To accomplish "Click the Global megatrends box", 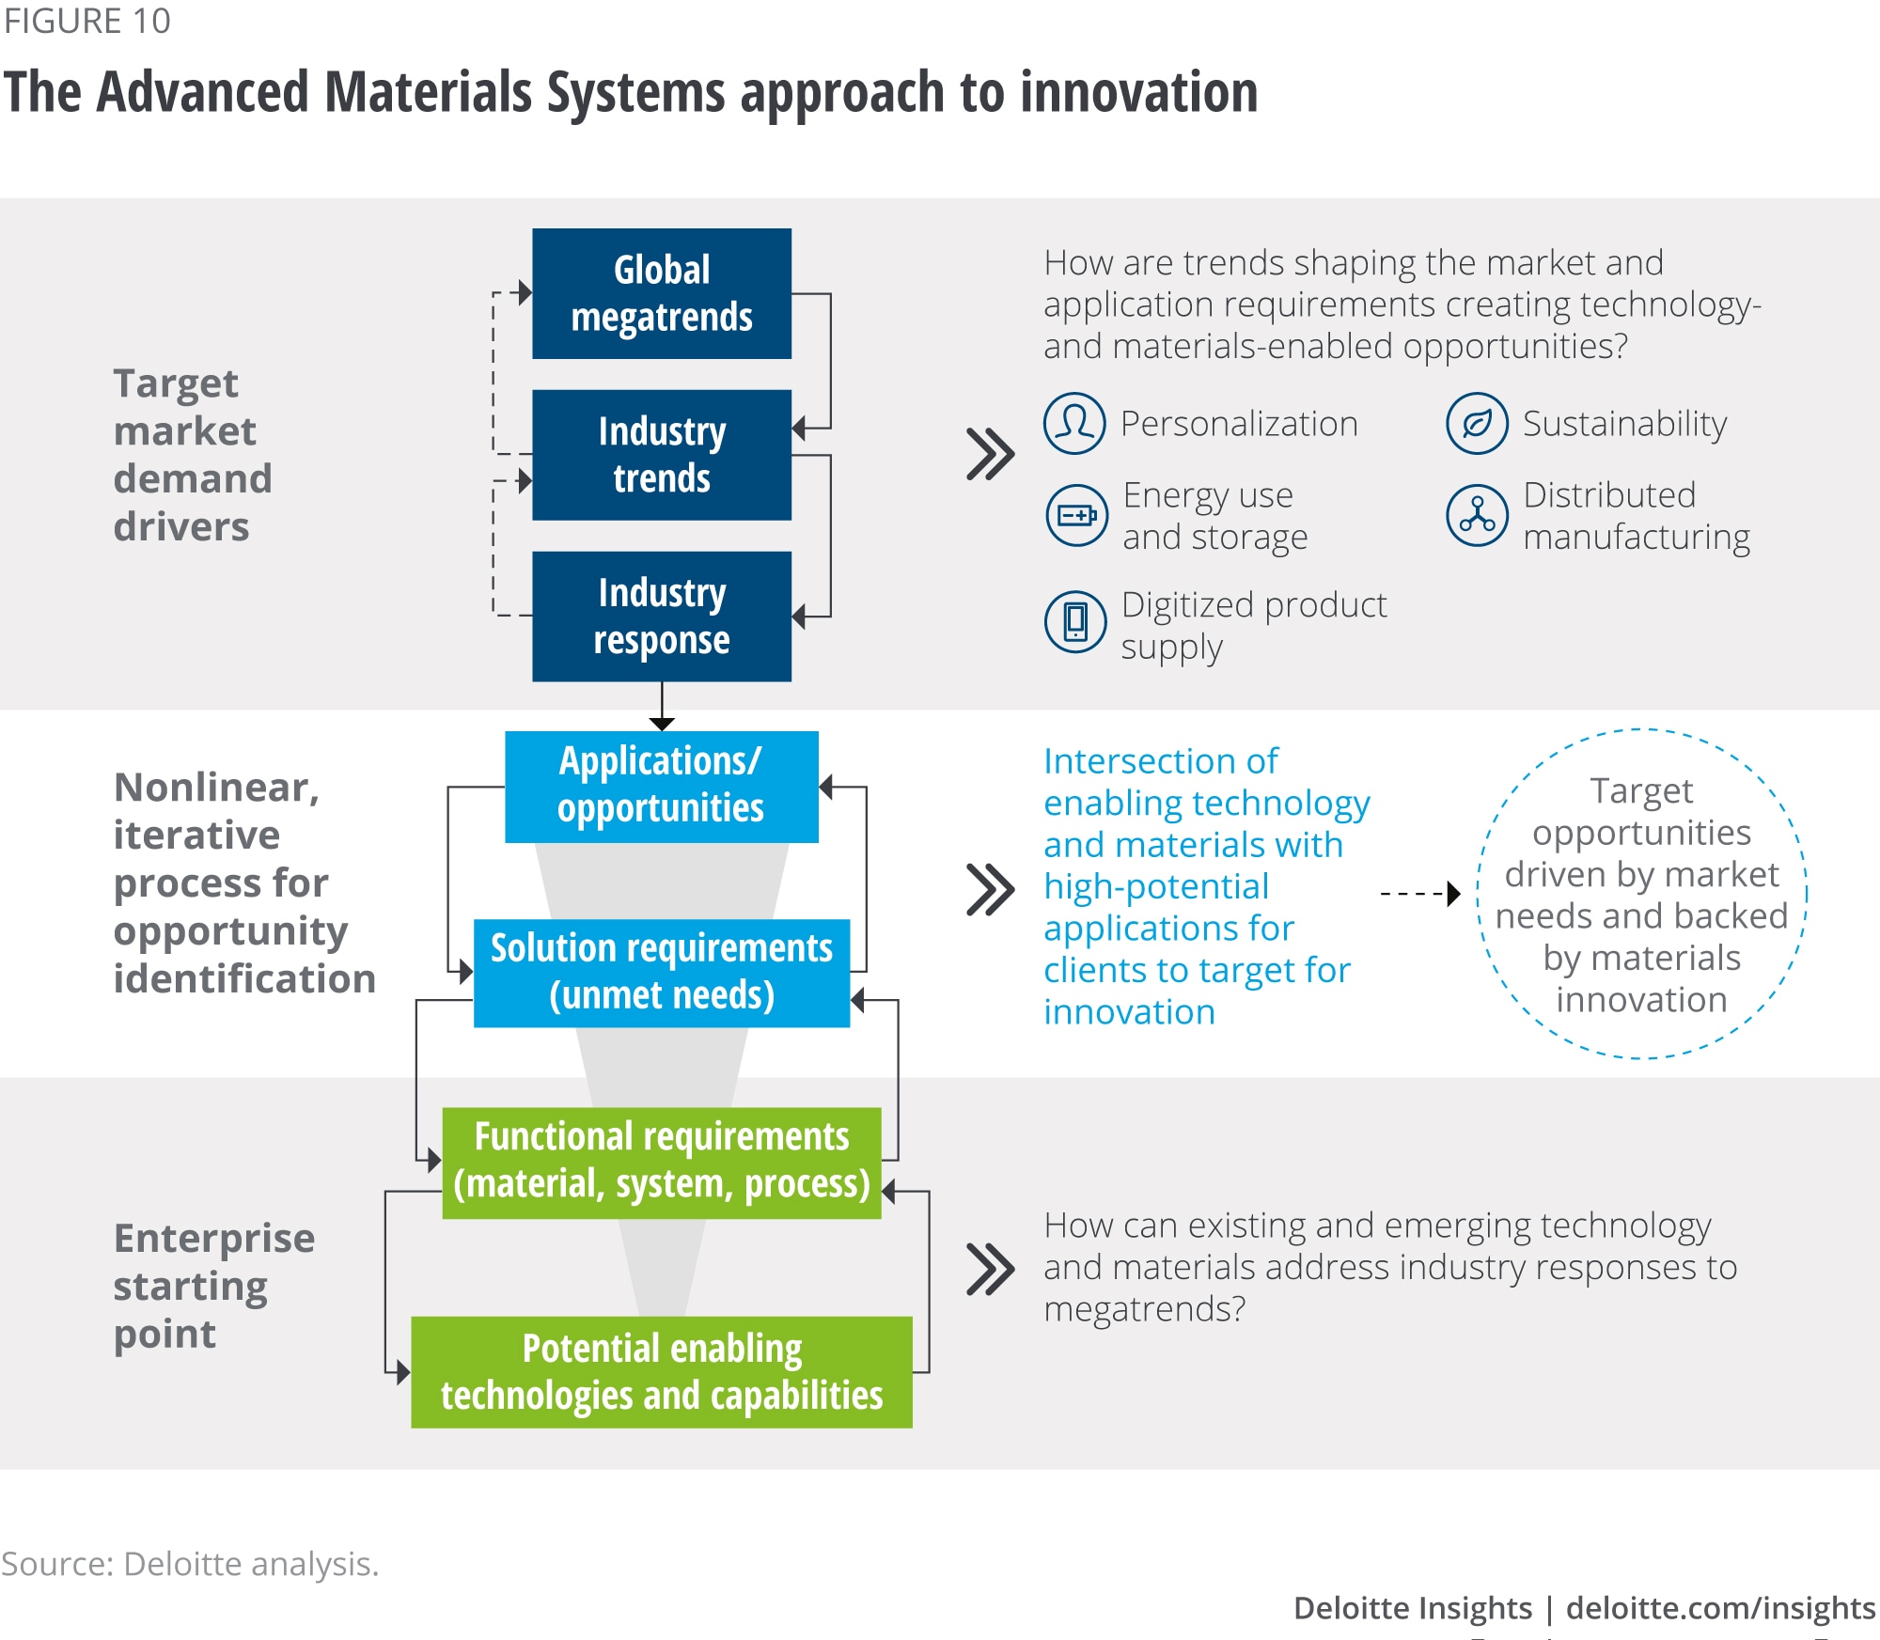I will (x=662, y=293).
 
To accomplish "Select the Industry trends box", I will (x=662, y=455).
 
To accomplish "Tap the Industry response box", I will (x=662, y=617).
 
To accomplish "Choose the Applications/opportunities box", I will (x=662, y=786).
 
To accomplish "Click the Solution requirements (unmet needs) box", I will (x=662, y=973).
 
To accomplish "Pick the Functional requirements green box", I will (x=662, y=1162).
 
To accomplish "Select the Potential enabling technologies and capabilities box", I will (x=662, y=1372).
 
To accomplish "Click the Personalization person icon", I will (x=1074, y=424).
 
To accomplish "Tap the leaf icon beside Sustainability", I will (x=1477, y=424).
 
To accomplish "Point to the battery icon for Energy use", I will (x=1077, y=515).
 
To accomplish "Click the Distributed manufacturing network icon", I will (x=1477, y=515).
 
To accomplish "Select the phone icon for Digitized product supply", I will (x=1075, y=621).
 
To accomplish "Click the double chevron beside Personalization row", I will (x=991, y=455).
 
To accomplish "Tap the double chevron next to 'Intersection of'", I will (x=991, y=889).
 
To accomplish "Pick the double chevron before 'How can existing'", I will (x=991, y=1269).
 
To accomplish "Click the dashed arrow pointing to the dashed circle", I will (x=1419, y=893).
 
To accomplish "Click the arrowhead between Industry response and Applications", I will (x=662, y=723).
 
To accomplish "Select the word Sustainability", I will (x=1624, y=424).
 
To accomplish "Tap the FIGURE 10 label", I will (x=86, y=21).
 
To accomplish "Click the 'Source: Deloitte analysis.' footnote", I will (x=190, y=1564).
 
